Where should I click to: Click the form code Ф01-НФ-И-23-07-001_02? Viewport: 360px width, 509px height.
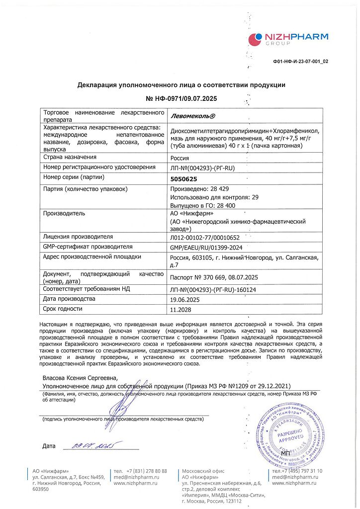point(300,62)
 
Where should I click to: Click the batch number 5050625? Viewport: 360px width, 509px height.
point(184,177)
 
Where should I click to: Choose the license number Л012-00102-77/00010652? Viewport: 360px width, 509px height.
point(205,237)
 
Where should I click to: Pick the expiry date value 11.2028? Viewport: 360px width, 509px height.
point(181,309)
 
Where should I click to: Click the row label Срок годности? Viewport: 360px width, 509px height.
point(63,309)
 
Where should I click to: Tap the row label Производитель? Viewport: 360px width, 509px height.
point(64,213)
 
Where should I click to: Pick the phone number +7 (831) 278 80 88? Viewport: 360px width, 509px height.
point(140,471)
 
